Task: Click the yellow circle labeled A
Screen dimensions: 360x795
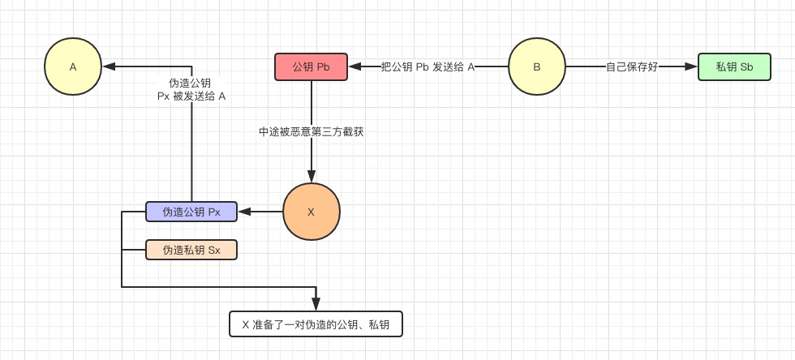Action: tap(72, 67)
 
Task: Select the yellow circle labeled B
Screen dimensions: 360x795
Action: tap(536, 67)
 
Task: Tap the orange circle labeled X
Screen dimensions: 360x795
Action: tap(311, 212)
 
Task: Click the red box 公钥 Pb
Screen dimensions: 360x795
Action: tap(311, 67)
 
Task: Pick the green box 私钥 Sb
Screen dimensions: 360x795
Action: tap(734, 67)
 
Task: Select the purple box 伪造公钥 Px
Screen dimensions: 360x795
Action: tap(191, 212)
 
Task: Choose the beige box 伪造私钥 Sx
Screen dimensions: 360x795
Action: tap(191, 250)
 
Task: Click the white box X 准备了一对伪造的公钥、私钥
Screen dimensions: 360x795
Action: tap(316, 325)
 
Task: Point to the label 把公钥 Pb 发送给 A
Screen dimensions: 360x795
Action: tap(428, 67)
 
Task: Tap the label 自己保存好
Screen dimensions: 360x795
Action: tap(632, 67)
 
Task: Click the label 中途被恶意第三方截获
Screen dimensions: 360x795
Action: tap(311, 131)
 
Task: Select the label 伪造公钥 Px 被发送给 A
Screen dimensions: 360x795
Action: tap(191, 89)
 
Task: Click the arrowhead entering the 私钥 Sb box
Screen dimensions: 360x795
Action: tap(692, 67)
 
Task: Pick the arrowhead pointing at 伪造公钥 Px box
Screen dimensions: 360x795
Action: tap(243, 212)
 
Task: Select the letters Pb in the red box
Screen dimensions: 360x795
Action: tap(322, 67)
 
